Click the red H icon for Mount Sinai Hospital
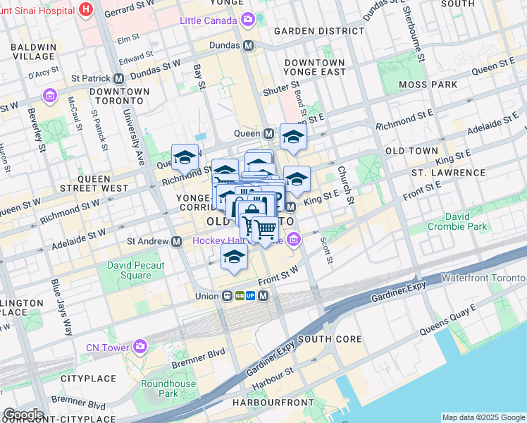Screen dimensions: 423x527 pyautogui.click(x=87, y=9)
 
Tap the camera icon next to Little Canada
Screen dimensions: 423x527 pyautogui.click(x=248, y=20)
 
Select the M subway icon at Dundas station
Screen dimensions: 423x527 pyautogui.click(x=248, y=45)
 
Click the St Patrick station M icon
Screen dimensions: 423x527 pyautogui.click(x=118, y=78)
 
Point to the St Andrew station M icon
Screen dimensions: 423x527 pyautogui.click(x=178, y=241)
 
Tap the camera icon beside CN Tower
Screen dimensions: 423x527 pyautogui.click(x=140, y=347)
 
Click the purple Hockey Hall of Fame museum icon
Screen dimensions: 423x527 pyautogui.click(x=294, y=241)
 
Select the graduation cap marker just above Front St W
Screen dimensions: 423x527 pyautogui.click(x=234, y=257)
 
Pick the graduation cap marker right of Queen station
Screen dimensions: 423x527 pyautogui.click(x=293, y=137)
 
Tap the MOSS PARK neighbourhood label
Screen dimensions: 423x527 pyautogui.click(x=427, y=85)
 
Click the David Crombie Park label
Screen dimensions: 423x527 pyautogui.click(x=457, y=220)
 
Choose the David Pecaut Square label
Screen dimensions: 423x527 pyautogui.click(x=136, y=271)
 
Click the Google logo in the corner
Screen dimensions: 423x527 pyautogui.click(x=23, y=415)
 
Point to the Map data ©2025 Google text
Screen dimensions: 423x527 pyautogui.click(x=482, y=417)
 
